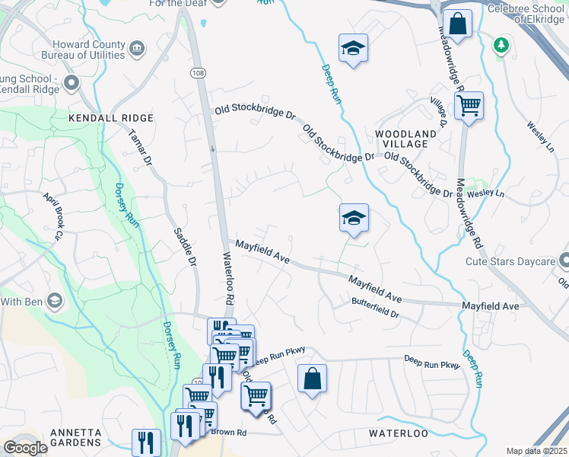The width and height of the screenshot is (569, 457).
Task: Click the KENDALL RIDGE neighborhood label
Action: (x=111, y=118)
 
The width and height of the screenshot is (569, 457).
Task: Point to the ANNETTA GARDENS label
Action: (x=75, y=437)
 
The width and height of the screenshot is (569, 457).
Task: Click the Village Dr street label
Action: (x=439, y=111)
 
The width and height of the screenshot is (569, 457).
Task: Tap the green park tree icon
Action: (x=501, y=44)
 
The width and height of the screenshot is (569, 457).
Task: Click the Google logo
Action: (x=25, y=448)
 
